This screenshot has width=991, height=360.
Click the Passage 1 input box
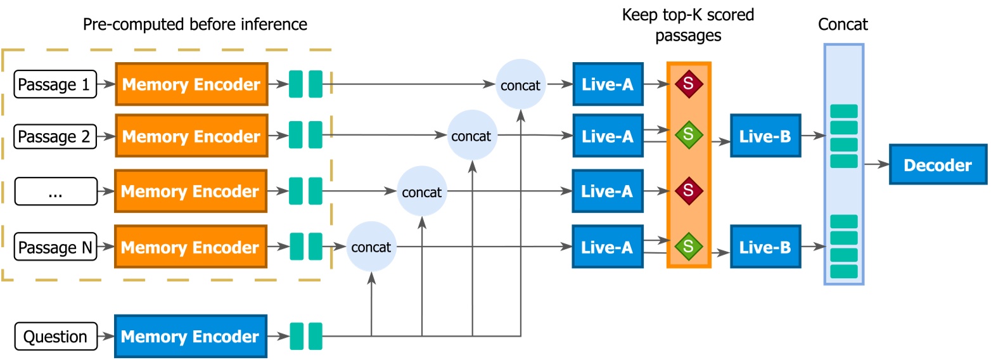(55, 84)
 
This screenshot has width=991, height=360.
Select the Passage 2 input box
(55, 136)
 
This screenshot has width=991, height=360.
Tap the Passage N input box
(55, 248)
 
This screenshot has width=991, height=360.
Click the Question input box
(55, 337)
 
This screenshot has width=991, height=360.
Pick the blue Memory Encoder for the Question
(191, 337)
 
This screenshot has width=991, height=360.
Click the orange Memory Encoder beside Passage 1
(191, 84)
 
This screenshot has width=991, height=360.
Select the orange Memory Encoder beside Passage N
(191, 248)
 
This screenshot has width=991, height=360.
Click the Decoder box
(937, 166)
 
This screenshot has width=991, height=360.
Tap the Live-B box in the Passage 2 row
(765, 136)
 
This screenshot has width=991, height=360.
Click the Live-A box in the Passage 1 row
(608, 84)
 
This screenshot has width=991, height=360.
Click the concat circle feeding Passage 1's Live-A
(520, 84)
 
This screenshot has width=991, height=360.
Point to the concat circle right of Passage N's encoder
(371, 247)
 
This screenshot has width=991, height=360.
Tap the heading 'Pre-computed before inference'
(195, 25)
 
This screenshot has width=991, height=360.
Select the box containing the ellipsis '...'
(55, 192)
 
